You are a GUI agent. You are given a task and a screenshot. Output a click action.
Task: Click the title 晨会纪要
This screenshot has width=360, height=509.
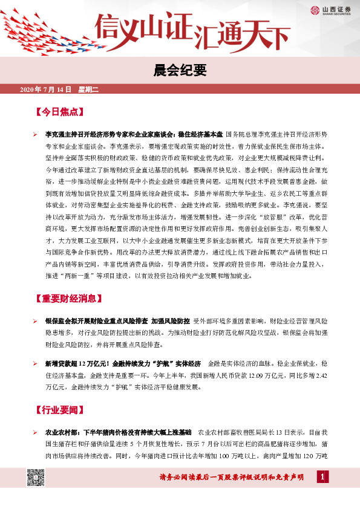[x=180, y=71]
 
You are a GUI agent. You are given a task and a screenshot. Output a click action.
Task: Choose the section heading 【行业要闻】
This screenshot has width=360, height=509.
[x=61, y=410]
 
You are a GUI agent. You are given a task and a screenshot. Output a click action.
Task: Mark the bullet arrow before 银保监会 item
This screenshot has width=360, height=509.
[x=36, y=320]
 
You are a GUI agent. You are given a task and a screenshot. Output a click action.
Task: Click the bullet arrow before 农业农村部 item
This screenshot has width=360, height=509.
[x=36, y=433]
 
